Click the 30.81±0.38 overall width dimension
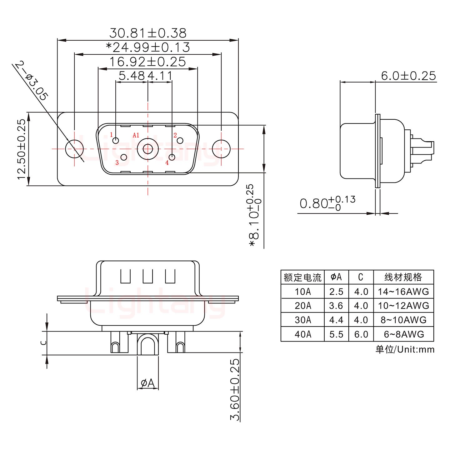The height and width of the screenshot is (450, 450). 147,33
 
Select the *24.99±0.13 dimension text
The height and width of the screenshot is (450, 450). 147,47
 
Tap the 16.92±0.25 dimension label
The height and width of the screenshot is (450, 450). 147,62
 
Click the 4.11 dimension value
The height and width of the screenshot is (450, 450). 160,76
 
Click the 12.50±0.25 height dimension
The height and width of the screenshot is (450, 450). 21,149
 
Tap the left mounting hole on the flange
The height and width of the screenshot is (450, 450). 74,149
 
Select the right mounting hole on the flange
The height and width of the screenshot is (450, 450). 221,149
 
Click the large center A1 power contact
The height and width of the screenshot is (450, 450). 147,149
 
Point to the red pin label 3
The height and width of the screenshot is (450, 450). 117,162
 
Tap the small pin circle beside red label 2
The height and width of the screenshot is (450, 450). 180,141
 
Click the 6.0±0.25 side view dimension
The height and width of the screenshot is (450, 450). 408,76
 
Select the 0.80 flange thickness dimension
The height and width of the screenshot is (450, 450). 327,203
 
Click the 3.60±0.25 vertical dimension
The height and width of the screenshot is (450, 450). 235,389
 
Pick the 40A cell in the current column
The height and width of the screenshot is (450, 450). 302,334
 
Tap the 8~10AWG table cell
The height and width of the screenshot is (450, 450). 403,320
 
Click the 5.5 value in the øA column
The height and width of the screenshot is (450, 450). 336,334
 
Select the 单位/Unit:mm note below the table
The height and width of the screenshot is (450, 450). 405,349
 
